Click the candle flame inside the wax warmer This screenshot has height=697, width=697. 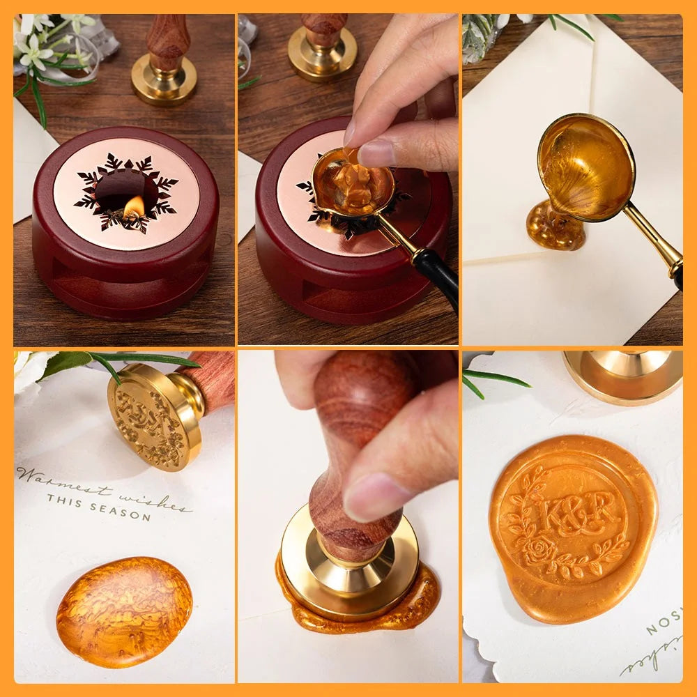pyautogui.click(x=134, y=206)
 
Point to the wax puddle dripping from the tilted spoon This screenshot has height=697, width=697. pyautogui.click(x=556, y=227)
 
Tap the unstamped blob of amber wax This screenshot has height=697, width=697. pyautogui.click(x=124, y=611)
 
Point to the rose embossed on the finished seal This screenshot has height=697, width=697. pyautogui.click(x=541, y=550)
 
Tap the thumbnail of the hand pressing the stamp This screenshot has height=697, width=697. pyautogui.click(x=348, y=516)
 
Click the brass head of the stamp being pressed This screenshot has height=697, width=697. pyautogui.click(x=348, y=558)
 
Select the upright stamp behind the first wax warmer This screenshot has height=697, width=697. pyautogui.click(x=164, y=63)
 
